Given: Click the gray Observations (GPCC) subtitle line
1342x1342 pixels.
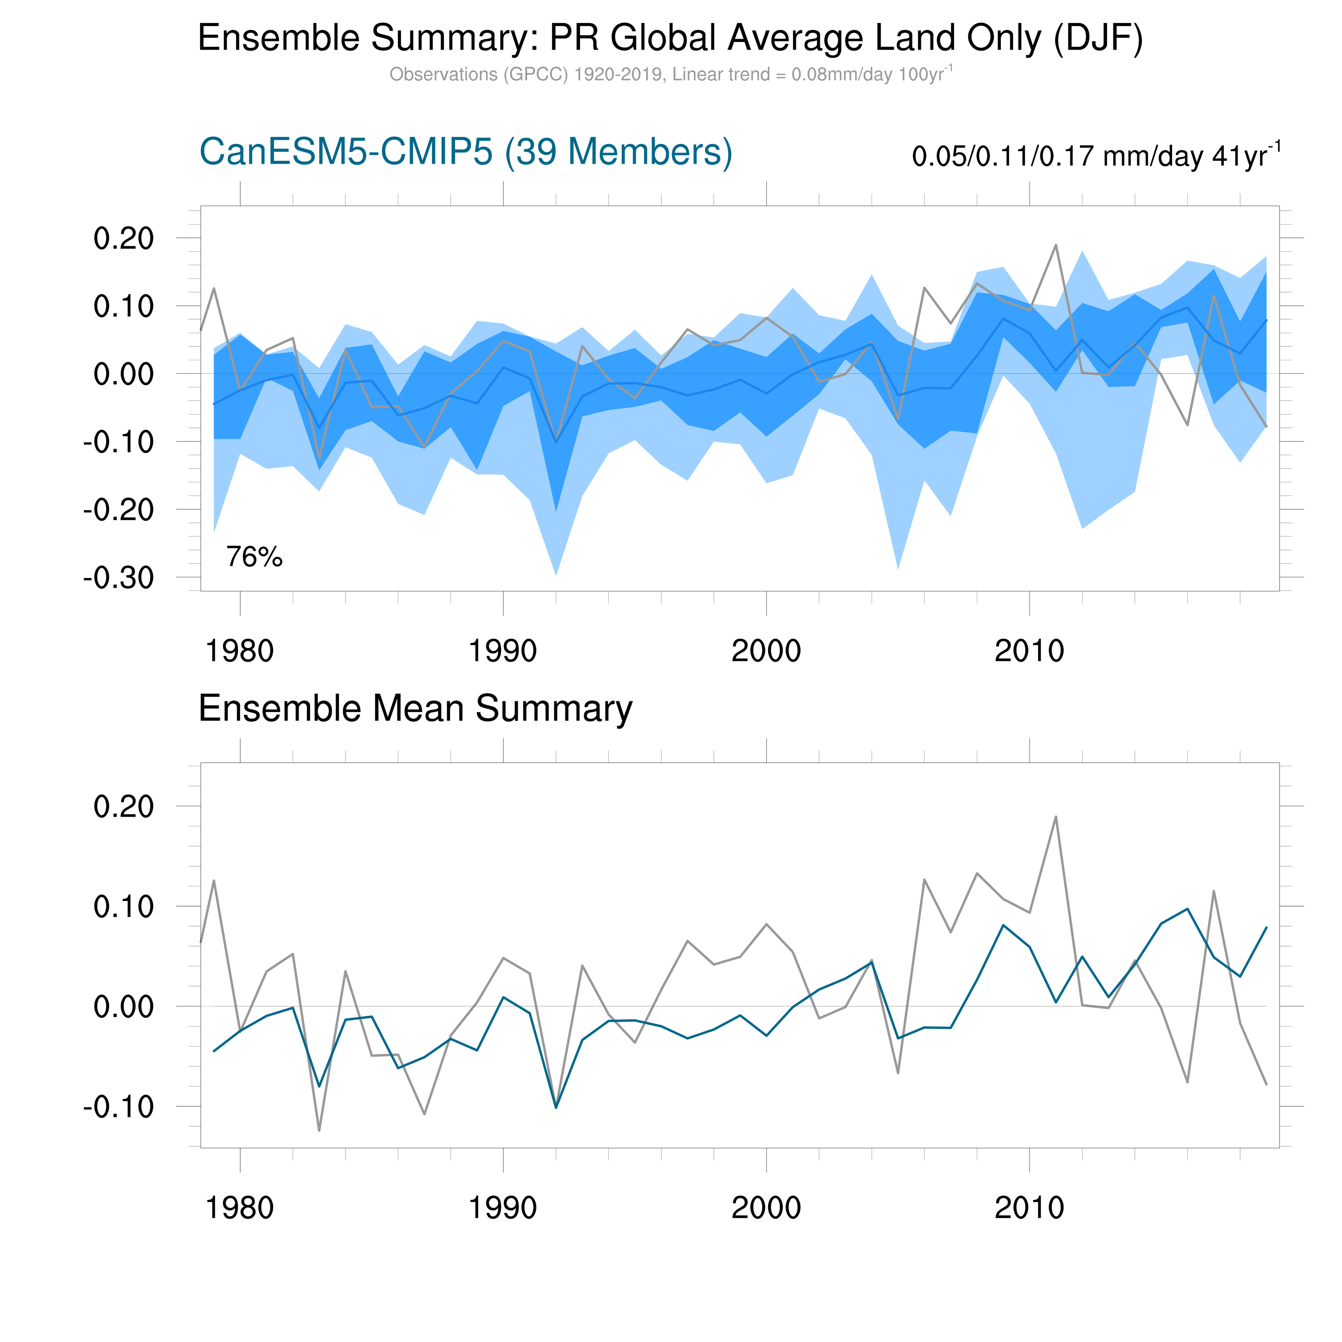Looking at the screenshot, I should pyautogui.click(x=670, y=74).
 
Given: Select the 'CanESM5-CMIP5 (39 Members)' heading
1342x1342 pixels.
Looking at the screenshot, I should pyautogui.click(x=465, y=151).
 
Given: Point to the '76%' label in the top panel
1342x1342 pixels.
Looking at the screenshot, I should pyautogui.click(x=254, y=557).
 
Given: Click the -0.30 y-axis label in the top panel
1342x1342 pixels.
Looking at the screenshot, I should pyautogui.click(x=118, y=577).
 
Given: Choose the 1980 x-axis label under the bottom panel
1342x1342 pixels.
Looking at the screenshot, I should pyautogui.click(x=240, y=1208).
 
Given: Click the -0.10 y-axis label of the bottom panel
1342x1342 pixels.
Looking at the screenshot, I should pyautogui.click(x=118, y=1107).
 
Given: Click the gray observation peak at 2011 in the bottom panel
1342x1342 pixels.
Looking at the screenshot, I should pyautogui.click(x=1056, y=818).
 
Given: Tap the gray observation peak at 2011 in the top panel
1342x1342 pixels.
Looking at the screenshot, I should pyautogui.click(x=1056, y=245).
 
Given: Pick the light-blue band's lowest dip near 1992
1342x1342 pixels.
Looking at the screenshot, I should pyautogui.click(x=556, y=574).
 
